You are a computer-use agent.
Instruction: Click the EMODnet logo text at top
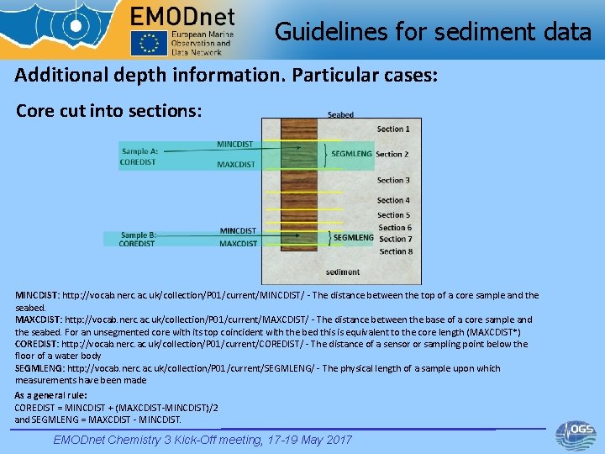[182, 16]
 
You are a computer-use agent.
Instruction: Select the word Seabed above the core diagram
[340, 114]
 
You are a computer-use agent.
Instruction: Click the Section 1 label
[393, 129]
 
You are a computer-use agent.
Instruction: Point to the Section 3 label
[393, 180]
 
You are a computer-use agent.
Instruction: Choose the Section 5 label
[393, 215]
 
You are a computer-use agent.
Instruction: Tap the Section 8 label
[396, 251]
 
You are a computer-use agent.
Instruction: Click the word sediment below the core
[343, 272]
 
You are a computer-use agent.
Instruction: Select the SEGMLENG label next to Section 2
[351, 154]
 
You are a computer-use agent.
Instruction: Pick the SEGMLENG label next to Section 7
[353, 238]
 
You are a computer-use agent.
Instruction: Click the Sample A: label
[139, 150]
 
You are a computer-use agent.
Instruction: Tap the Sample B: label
[139, 235]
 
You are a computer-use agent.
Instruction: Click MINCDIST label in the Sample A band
[235, 144]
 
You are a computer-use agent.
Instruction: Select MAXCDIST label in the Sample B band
[238, 244]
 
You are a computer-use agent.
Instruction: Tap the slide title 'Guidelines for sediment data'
[433, 32]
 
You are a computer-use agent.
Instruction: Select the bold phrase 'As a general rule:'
[51, 395]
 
